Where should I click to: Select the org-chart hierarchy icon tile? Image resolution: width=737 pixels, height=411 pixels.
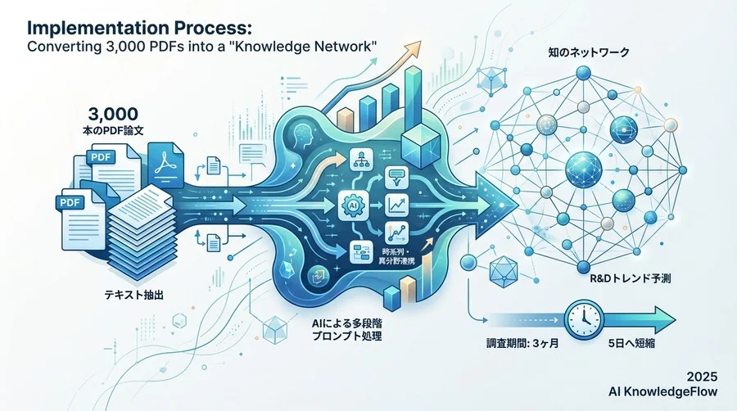coord(360,159)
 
